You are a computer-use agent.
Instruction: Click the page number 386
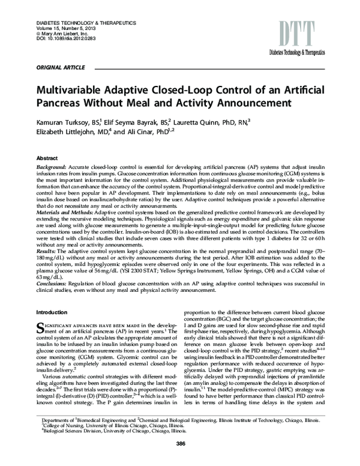180,459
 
